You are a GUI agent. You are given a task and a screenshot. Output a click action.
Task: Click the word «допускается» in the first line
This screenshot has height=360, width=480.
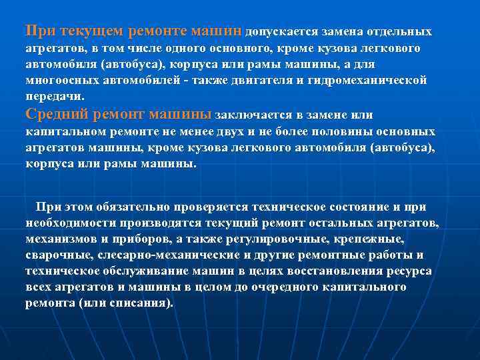281,31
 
